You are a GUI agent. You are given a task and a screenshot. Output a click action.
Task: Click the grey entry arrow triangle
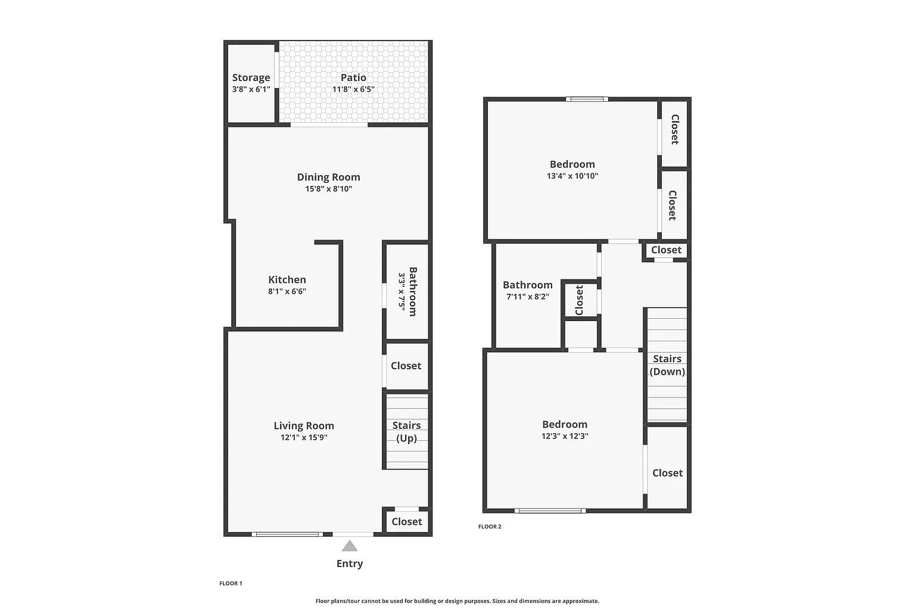[x=350, y=546]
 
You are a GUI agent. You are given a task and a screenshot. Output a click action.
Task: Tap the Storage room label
[x=251, y=77]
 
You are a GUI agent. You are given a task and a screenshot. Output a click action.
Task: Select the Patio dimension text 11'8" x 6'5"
[x=353, y=89]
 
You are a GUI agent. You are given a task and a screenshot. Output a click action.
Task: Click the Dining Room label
[x=328, y=177]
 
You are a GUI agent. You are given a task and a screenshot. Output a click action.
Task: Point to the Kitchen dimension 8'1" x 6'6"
[x=287, y=291]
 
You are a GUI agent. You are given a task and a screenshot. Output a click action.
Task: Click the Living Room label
[x=304, y=425]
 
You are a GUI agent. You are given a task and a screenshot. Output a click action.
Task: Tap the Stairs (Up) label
[x=406, y=432]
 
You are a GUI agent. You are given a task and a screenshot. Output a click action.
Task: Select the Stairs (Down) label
[x=667, y=365]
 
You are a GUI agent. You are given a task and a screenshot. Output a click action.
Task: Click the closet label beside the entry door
[x=406, y=521]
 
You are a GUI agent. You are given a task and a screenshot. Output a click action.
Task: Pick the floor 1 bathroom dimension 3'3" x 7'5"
[x=402, y=291]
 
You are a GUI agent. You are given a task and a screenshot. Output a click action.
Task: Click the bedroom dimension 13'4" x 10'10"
[x=572, y=176]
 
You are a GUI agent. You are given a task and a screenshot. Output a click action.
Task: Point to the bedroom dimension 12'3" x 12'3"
[x=565, y=435]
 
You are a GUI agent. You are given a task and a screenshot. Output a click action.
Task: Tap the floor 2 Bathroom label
[x=527, y=285]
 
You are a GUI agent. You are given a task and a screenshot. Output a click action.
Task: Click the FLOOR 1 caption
[x=231, y=583]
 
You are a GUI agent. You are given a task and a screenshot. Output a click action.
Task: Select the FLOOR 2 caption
[x=490, y=527]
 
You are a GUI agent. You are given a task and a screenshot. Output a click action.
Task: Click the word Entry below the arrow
[x=350, y=564]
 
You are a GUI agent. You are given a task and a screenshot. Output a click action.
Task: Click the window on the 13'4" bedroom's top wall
[x=587, y=99]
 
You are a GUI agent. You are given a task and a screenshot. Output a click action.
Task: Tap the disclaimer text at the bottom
[x=457, y=601]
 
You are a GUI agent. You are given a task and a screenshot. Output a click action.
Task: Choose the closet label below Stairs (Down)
[x=667, y=472]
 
